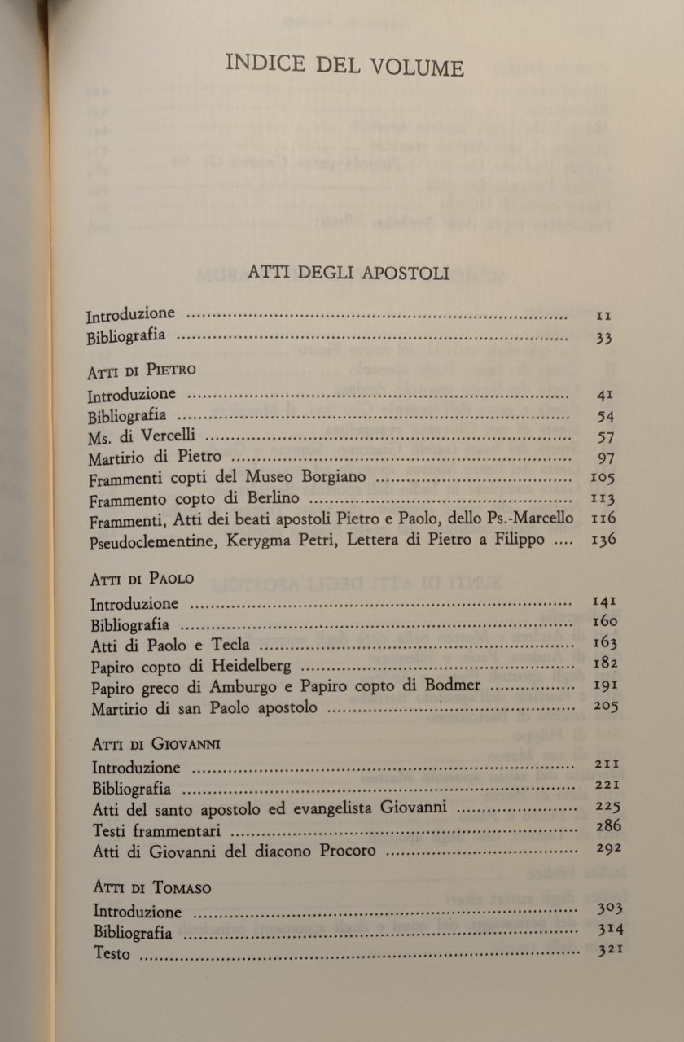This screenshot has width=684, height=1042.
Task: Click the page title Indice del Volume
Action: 344,64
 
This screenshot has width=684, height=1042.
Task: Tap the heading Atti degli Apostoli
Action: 349,273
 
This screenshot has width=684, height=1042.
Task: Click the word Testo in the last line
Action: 112,953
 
